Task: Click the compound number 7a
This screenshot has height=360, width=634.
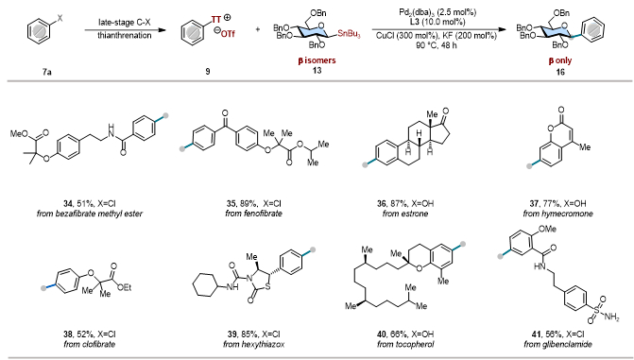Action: pos(47,72)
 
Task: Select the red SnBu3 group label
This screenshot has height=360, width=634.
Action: pos(349,34)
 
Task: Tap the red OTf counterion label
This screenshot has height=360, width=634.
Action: pos(228,34)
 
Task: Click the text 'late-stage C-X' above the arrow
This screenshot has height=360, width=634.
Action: pos(125,23)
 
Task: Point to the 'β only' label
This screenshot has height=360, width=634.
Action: pos(560,60)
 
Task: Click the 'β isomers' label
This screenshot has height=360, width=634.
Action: pos(317,60)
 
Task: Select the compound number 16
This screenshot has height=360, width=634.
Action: pos(560,72)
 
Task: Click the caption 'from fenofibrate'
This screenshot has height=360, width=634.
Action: pos(253,214)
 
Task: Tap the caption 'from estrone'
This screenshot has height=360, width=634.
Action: pos(405,214)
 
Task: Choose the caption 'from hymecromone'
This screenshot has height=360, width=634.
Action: pos(558,214)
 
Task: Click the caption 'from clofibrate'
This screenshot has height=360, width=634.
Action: pos(90,344)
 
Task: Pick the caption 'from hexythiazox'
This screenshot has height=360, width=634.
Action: pos(254,344)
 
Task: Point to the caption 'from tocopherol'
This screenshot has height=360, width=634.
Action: pos(405,344)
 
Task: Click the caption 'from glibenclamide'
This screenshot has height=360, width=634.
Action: pos(558,344)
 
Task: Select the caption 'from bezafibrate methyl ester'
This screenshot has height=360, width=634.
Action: pos(90,214)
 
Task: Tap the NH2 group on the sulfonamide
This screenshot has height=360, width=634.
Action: pos(611,317)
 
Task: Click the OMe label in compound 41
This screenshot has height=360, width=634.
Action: pos(547,230)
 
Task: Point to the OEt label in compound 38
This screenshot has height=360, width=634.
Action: pos(124,287)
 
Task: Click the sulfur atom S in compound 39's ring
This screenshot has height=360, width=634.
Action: pos(268,288)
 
